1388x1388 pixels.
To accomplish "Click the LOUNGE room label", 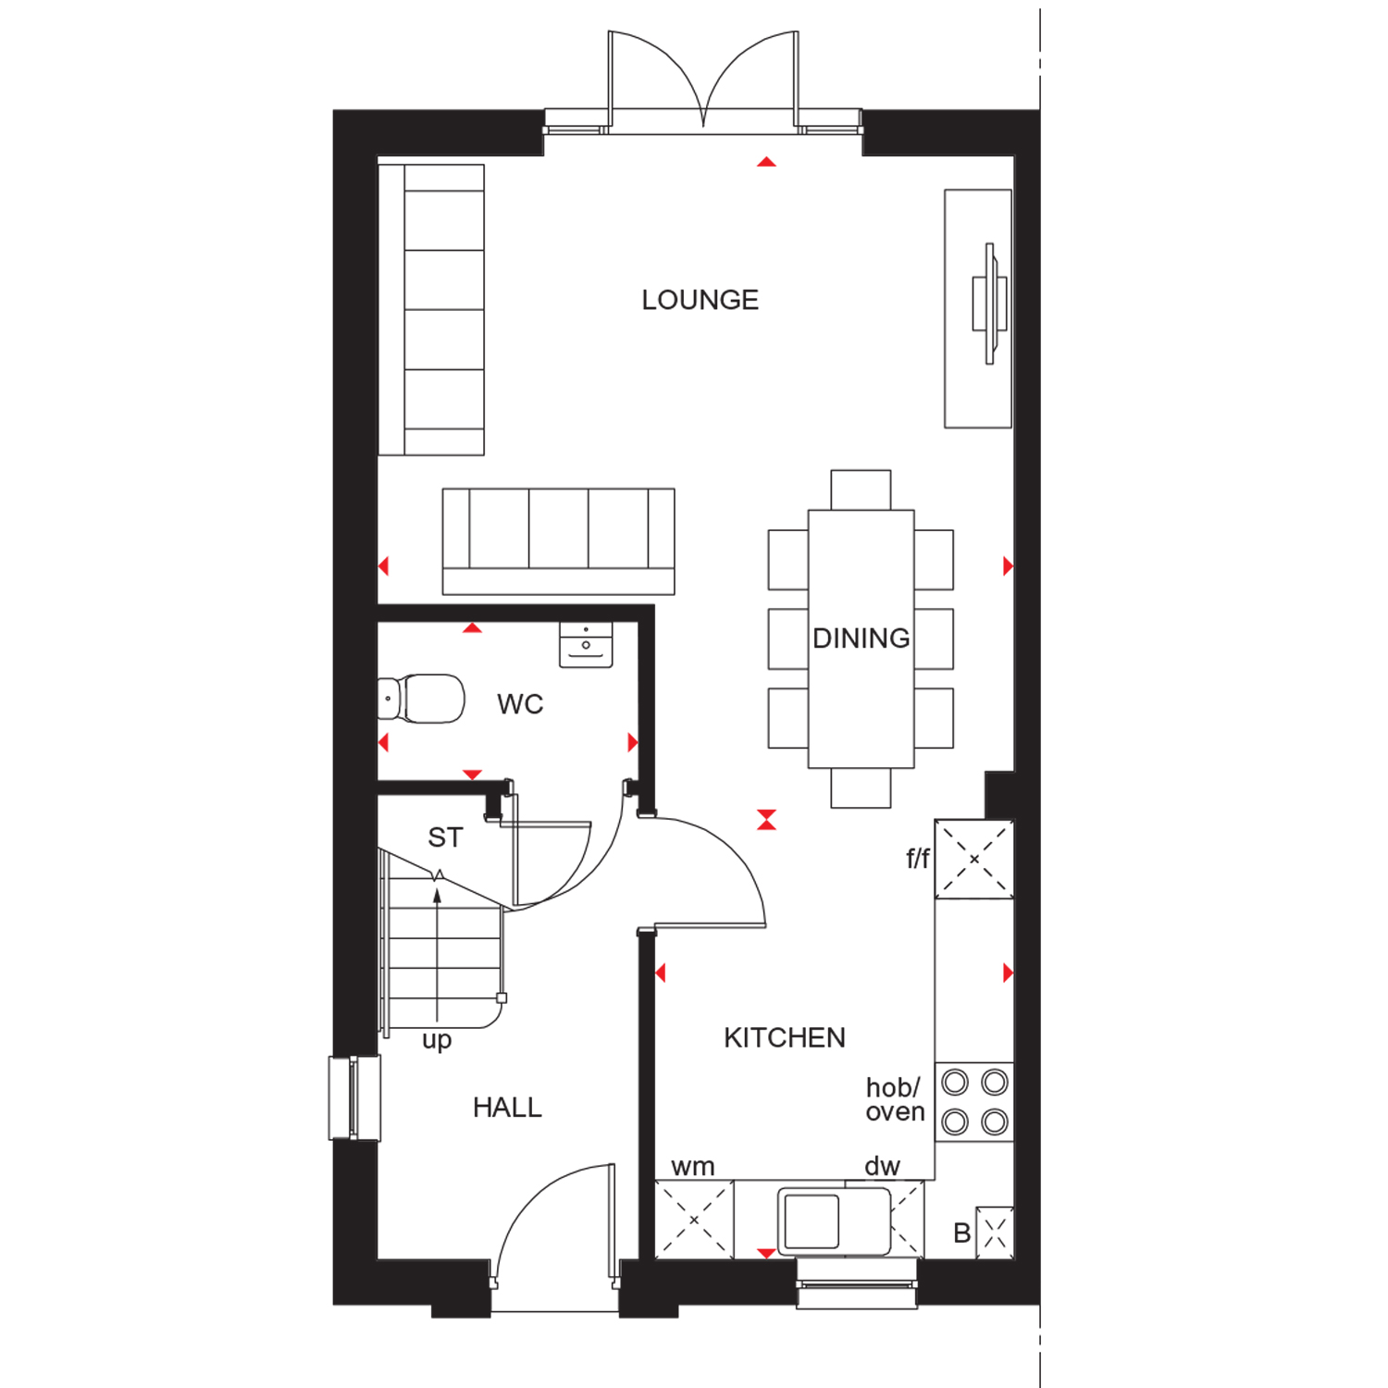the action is [x=700, y=300].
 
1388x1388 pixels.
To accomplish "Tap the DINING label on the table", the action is [x=861, y=638].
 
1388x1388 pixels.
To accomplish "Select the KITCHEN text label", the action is [x=785, y=1037].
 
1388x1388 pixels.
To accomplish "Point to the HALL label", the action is [x=507, y=1107].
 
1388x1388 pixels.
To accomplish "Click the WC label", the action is [x=520, y=704].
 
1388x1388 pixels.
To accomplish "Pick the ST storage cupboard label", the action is [x=445, y=837].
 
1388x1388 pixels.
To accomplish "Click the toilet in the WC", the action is [x=421, y=699].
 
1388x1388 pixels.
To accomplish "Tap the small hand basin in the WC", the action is [x=586, y=644].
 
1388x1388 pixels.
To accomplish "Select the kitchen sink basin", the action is [x=812, y=1221].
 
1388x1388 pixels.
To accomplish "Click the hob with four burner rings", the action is [x=974, y=1102].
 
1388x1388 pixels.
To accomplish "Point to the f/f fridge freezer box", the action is [x=974, y=859].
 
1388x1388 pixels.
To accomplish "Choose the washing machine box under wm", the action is [x=694, y=1220].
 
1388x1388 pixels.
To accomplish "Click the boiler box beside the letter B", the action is [x=995, y=1233].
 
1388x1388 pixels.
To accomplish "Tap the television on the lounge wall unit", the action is [x=989, y=304].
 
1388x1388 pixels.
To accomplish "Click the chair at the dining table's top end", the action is [x=861, y=490].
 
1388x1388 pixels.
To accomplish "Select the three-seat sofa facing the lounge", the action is [x=559, y=541].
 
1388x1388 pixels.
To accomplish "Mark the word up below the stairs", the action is [x=437, y=1040].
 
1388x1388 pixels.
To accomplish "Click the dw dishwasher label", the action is [x=882, y=1166].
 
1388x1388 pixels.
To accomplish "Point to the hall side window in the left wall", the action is [x=354, y=1097].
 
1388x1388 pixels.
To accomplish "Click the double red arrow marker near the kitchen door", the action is [x=766, y=820].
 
